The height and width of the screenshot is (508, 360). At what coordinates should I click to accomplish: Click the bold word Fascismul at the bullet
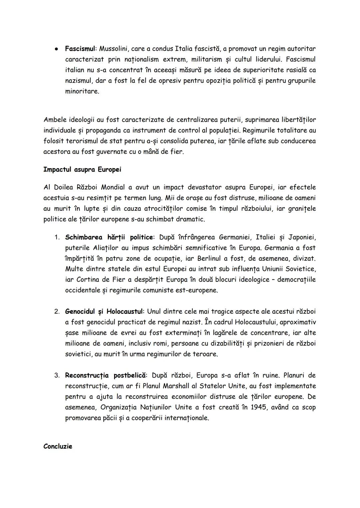[80, 49]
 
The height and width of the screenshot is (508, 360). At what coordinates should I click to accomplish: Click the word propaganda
[103, 130]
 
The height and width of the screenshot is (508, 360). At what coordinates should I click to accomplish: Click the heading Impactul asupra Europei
[82, 170]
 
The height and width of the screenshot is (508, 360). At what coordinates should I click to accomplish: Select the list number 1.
[57, 238]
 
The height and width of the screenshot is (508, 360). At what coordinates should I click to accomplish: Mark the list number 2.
[57, 312]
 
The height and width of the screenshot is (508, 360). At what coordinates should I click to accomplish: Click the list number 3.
[57, 376]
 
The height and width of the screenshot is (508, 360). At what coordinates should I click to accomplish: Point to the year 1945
[258, 407]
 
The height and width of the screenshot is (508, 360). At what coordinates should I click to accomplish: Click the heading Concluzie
[58, 446]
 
